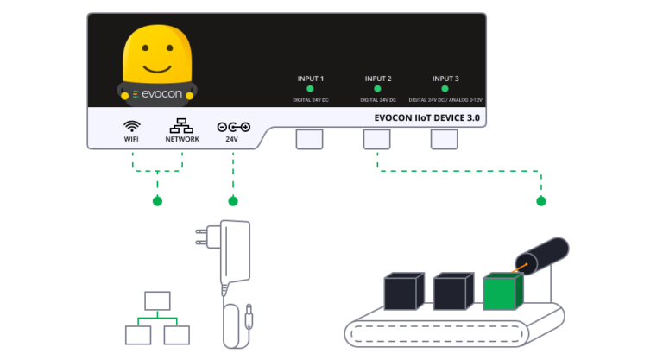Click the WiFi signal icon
point(132,125)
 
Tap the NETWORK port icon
point(182,125)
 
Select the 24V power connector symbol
point(233,126)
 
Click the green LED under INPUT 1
point(310,89)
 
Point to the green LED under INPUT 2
point(377,89)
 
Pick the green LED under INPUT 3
point(445,89)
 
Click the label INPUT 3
point(445,79)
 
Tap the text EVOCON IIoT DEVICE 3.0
point(426,117)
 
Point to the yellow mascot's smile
point(156,66)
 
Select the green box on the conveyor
point(501,292)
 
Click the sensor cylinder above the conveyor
point(544,254)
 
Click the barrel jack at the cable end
point(249,319)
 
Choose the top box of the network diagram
point(157,300)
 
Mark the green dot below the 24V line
point(232,201)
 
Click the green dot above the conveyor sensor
point(541,201)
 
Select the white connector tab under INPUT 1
point(310,139)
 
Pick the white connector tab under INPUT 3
point(445,139)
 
